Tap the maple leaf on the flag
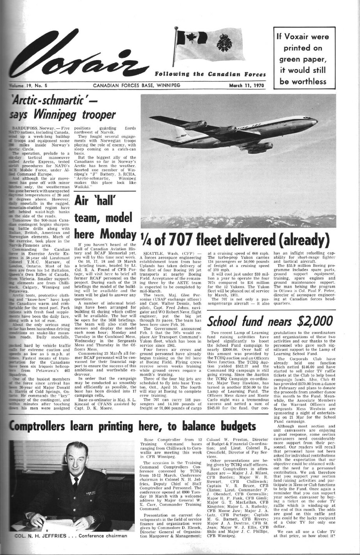click(x=192, y=38)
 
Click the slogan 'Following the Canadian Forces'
click(x=205, y=74)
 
